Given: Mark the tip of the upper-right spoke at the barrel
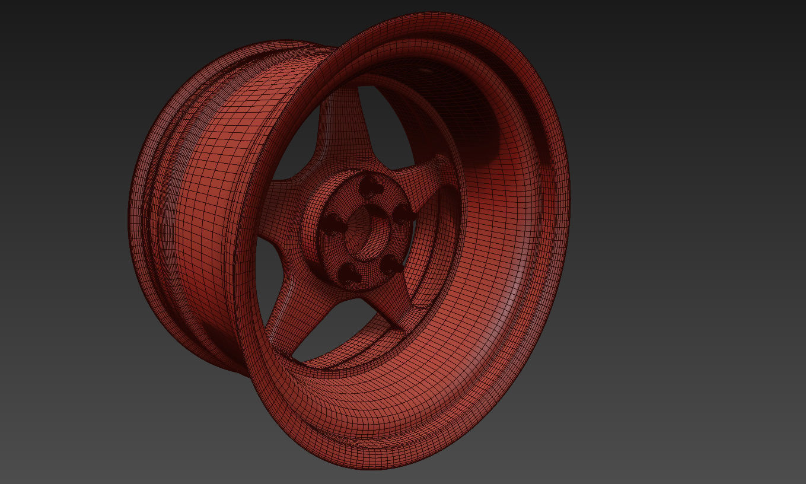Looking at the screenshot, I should tap(440, 160).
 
